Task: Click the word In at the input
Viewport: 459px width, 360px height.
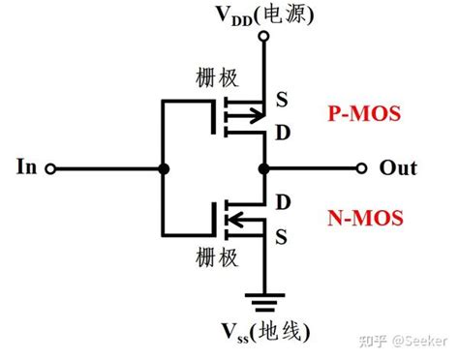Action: (27, 168)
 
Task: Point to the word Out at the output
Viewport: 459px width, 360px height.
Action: (397, 168)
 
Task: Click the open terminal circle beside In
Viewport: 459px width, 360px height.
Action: (50, 168)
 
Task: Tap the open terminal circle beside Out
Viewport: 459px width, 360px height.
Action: (363, 168)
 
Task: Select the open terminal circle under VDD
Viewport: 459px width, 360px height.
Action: (262, 36)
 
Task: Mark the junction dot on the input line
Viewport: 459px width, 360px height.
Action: (164, 168)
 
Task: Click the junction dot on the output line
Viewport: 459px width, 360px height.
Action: (262, 168)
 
